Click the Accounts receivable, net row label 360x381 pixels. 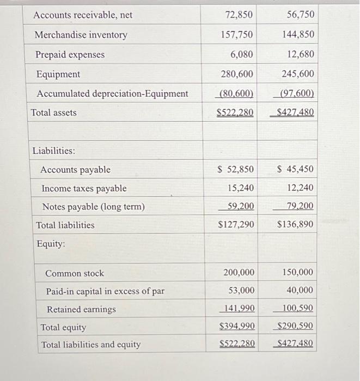click(83, 15)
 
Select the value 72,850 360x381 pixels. click(239, 15)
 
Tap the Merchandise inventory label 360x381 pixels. click(81, 35)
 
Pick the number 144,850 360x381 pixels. click(298, 34)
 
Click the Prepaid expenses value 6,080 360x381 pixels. click(242, 54)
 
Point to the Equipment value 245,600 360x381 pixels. click(298, 73)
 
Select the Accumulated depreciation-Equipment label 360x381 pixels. click(112, 94)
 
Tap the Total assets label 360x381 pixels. click(54, 113)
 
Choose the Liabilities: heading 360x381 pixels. click(54, 150)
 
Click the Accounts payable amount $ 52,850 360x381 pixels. click(235, 169)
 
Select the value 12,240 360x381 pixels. click(300, 188)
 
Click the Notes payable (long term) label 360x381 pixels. click(93, 207)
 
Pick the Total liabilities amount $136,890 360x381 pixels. click(295, 224)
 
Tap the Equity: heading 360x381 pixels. click(51, 244)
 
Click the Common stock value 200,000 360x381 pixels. click(239, 272)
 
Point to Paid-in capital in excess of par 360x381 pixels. click(105, 291)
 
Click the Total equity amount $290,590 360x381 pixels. click(295, 327)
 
